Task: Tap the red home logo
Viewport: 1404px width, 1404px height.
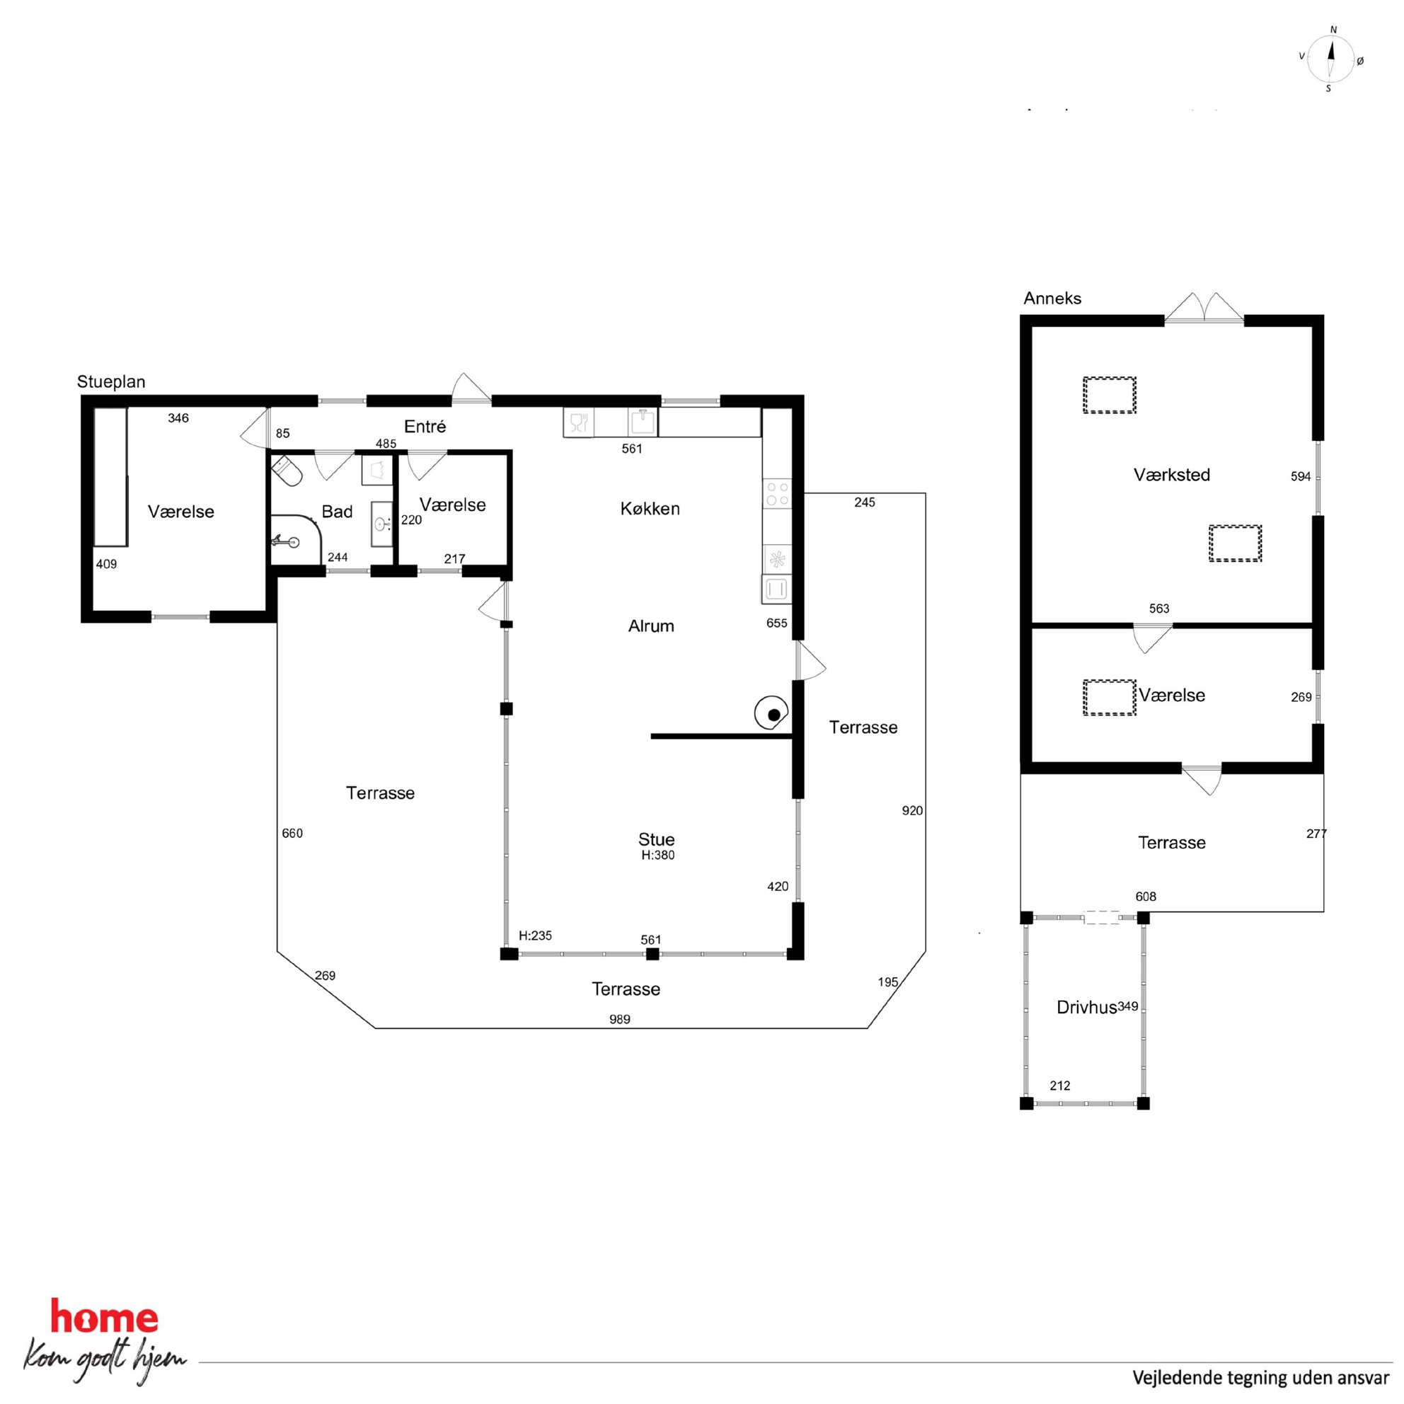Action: [104, 1318]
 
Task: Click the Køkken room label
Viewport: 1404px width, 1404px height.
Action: [650, 509]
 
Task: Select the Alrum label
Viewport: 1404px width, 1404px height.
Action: [651, 626]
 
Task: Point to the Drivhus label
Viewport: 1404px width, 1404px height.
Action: [1086, 1007]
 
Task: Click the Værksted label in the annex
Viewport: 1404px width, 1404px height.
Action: [1171, 475]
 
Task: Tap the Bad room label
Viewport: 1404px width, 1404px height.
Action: [337, 512]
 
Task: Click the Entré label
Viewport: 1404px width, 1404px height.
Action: [425, 427]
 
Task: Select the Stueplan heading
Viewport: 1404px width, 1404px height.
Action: [111, 381]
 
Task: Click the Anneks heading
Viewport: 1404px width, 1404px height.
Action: [1052, 298]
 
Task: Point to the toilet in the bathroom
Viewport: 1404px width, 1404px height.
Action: [287, 470]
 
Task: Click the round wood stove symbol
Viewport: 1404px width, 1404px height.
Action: [772, 713]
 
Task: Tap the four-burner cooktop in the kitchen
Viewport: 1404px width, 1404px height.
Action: [777, 493]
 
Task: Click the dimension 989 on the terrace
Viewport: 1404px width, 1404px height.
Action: [620, 1019]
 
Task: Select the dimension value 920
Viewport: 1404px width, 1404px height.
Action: [912, 810]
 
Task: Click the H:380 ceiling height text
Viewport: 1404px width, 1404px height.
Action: [657, 856]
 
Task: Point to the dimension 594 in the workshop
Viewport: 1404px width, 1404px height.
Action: [1300, 477]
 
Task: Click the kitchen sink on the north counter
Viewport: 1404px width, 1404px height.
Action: [643, 422]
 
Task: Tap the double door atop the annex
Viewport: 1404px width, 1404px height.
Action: [1204, 306]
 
